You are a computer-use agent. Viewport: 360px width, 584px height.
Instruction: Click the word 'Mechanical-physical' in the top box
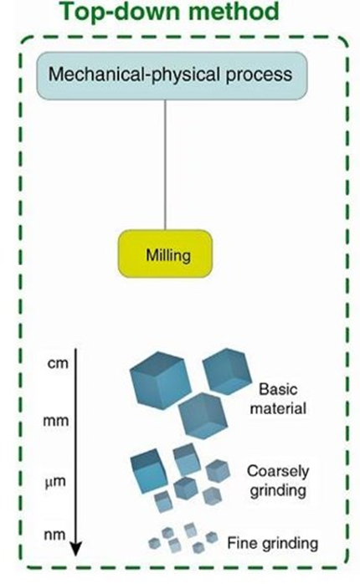(147, 74)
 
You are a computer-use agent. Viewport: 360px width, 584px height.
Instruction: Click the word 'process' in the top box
(269, 74)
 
